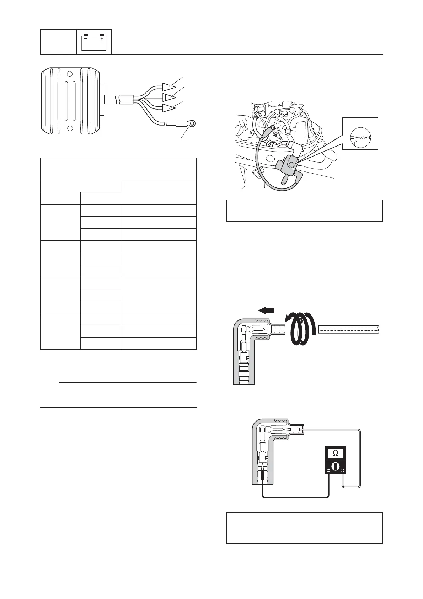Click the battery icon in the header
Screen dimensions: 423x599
(x=94, y=42)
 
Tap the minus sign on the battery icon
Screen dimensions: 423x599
(x=86, y=39)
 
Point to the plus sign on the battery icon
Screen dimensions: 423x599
(x=102, y=39)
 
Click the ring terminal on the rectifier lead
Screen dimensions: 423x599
(x=192, y=124)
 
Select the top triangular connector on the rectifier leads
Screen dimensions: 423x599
(x=167, y=86)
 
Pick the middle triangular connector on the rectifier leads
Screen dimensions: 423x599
(x=167, y=97)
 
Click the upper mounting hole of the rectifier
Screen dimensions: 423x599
(x=70, y=74)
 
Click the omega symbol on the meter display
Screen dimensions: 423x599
(x=335, y=453)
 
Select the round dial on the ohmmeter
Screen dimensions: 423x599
(x=335, y=466)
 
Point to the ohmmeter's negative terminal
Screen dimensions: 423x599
(x=328, y=471)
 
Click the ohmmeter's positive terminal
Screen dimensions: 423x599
(x=342, y=471)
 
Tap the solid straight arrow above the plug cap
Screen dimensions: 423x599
(x=266, y=311)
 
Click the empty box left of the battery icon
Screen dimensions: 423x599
(x=59, y=42)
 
